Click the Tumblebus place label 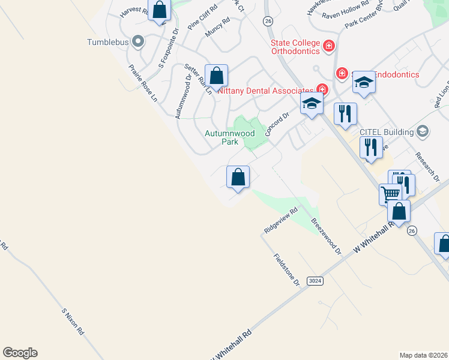pos(107,42)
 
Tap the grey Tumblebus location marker pos(139,41)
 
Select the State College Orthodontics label pos(295,47)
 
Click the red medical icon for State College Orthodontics pos(328,46)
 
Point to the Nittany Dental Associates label pos(266,91)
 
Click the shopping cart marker pos(390,194)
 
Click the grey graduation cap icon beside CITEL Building pos(423,131)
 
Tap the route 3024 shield pos(314,281)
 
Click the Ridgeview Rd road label pos(281,221)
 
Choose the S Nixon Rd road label pos(73,321)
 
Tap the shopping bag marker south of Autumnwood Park pos(238,177)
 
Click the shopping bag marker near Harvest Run pos(160,10)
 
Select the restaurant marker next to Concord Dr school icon pos(345,114)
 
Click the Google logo pos(20,353)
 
